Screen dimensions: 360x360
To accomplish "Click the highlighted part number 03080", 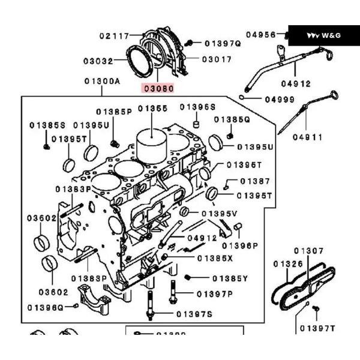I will pos(158,88).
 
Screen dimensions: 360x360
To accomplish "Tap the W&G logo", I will pos(323,35).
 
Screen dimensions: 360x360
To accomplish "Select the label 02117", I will pos(115,37).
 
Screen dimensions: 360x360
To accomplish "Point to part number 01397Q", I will pos(222,43).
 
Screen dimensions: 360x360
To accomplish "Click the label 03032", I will pos(98,61).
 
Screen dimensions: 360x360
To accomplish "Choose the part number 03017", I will pos(217,59).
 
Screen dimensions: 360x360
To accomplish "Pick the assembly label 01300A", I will pos(102,81).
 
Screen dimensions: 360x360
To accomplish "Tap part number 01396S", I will pos(197,107).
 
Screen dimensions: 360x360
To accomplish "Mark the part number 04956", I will pos(260,35).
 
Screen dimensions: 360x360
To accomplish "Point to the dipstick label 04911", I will pos(308,137).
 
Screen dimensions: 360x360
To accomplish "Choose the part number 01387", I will pos(255,181).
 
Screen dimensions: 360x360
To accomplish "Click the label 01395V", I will pos(220,214).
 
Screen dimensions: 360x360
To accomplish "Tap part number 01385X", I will pos(215,258).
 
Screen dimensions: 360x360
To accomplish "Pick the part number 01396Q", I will pos(45,307).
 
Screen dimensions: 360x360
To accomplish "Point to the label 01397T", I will pos(317,328).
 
